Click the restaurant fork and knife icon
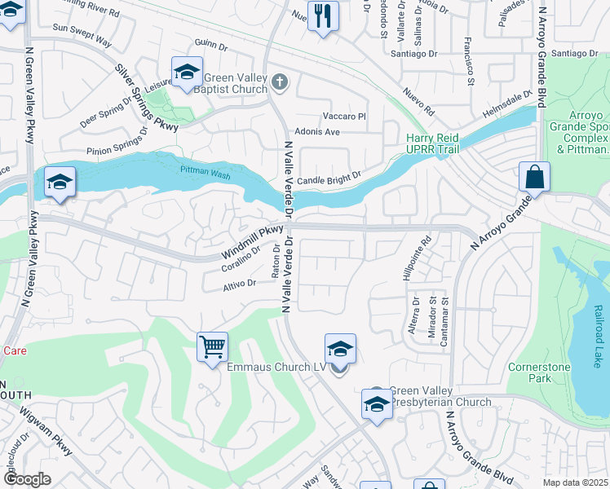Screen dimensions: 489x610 323,15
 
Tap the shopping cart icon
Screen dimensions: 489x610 212,347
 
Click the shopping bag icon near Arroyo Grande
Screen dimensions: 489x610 533,176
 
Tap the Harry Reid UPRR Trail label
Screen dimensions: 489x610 433,143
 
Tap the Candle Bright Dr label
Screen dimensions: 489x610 329,178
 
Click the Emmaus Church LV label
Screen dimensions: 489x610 277,368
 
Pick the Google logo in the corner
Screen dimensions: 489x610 26,479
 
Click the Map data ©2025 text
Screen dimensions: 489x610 575,482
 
